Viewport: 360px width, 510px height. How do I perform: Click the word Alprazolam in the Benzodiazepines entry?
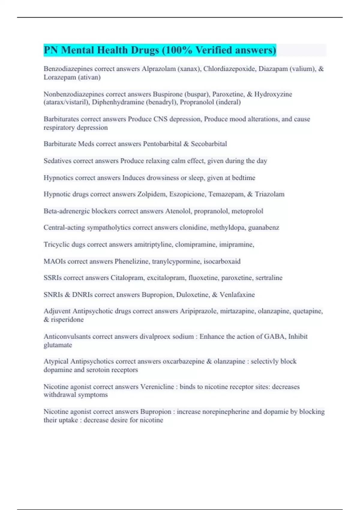point(159,69)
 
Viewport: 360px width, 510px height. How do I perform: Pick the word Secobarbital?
point(209,144)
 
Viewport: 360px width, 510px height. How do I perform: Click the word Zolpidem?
point(151,194)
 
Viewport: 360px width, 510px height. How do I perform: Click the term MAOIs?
point(55,261)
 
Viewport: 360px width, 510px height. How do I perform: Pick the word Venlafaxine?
point(237,295)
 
